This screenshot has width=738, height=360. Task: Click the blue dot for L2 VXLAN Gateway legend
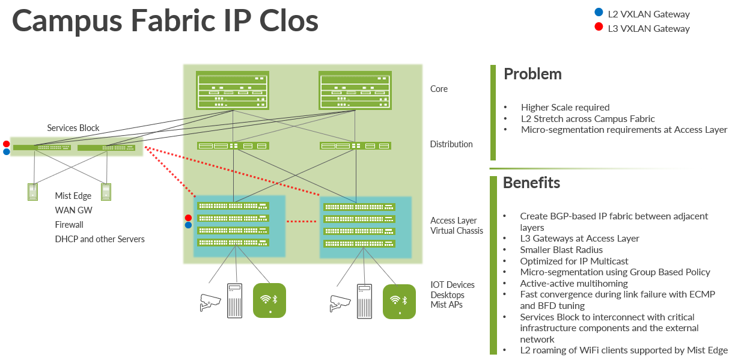(598, 13)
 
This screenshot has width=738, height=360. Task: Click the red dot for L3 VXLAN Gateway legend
(598, 27)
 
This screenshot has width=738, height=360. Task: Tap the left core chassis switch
(233, 90)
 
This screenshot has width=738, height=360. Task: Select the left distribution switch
(233, 145)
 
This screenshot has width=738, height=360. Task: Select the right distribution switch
(356, 145)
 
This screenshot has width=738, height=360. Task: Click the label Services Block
(73, 128)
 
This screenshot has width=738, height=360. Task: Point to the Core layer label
(439, 89)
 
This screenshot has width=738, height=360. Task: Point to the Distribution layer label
(451, 144)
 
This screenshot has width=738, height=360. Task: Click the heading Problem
(532, 74)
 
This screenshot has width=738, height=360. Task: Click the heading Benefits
(531, 183)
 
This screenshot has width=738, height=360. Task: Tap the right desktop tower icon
(364, 301)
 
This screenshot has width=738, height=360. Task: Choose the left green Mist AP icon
(269, 301)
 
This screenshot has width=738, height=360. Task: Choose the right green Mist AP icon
(399, 301)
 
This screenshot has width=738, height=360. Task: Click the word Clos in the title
(285, 21)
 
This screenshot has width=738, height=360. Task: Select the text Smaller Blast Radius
(561, 249)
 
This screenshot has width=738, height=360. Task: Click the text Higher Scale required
(565, 108)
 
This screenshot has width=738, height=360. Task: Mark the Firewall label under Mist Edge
(69, 225)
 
